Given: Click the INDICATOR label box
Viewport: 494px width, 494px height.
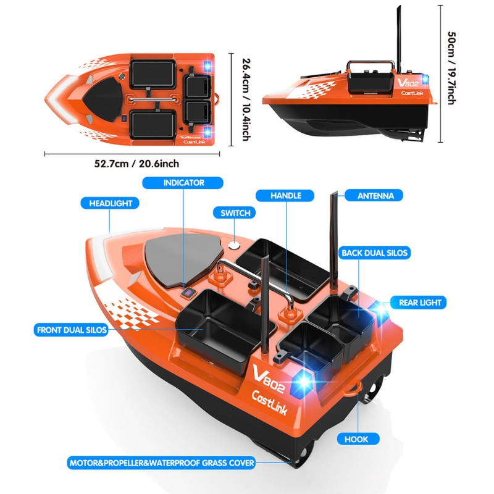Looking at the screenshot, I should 183,183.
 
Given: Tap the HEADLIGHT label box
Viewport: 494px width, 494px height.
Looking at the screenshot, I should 110,203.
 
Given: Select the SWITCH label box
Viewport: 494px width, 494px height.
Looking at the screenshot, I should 235,213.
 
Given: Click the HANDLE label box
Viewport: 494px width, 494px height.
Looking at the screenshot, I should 286,196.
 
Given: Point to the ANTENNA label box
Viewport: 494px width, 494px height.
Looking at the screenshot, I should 375,196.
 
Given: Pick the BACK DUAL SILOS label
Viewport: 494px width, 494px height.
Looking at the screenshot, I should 375,253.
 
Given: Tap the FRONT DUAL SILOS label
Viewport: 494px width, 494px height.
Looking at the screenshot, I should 71,330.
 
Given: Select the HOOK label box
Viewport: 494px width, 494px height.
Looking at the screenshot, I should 356,439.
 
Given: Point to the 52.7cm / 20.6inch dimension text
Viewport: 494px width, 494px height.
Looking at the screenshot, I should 137,164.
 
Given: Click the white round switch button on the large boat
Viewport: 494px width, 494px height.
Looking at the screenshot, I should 234,245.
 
